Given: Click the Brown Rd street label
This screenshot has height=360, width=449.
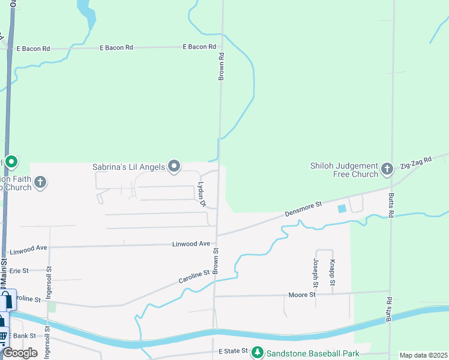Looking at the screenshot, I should pyautogui.click(x=221, y=67).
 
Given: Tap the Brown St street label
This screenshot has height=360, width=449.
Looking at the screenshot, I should pyautogui.click(x=215, y=259).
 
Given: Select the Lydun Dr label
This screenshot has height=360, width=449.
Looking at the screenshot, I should pyautogui.click(x=202, y=194).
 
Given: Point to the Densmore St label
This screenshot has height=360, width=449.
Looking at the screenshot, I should pyautogui.click(x=303, y=209).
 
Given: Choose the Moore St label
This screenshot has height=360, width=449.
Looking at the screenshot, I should pyautogui.click(x=303, y=295).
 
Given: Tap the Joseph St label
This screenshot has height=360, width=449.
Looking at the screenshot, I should pyautogui.click(x=316, y=272).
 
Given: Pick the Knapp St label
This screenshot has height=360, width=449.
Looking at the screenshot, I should pyautogui.click(x=331, y=272).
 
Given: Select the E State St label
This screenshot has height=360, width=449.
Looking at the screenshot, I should pyautogui.click(x=233, y=351).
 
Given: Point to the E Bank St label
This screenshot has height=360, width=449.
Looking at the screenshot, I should pyautogui.click(x=23, y=336).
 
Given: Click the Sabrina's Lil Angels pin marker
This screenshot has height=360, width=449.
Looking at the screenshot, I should pyautogui.click(x=174, y=166).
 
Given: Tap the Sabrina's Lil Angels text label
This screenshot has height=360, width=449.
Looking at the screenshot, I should pyautogui.click(x=128, y=167).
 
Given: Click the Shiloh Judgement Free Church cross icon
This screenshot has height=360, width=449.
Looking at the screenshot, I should pyautogui.click(x=387, y=170).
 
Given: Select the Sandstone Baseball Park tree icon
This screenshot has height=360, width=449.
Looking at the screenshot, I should pyautogui.click(x=258, y=352).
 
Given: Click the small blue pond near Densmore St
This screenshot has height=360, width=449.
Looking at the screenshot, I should pyautogui.click(x=342, y=208).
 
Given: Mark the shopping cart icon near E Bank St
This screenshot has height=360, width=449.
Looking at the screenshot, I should pyautogui.click(x=3, y=337).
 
